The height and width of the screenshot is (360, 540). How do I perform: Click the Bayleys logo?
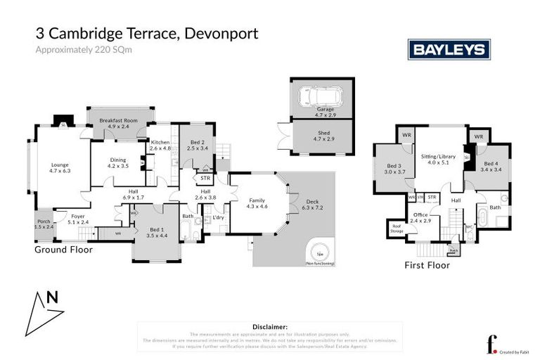tap(449, 49)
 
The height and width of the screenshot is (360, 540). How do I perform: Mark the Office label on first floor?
tap(421, 217)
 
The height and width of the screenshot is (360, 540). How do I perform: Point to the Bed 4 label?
tap(490, 166)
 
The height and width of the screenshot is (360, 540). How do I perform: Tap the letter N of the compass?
tap(51, 297)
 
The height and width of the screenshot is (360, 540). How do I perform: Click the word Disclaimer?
tap(270, 327)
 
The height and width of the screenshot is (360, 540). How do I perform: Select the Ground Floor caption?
tap(63, 250)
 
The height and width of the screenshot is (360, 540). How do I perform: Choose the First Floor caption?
tap(427, 265)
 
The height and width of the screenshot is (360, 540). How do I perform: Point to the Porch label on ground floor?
tap(44, 224)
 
